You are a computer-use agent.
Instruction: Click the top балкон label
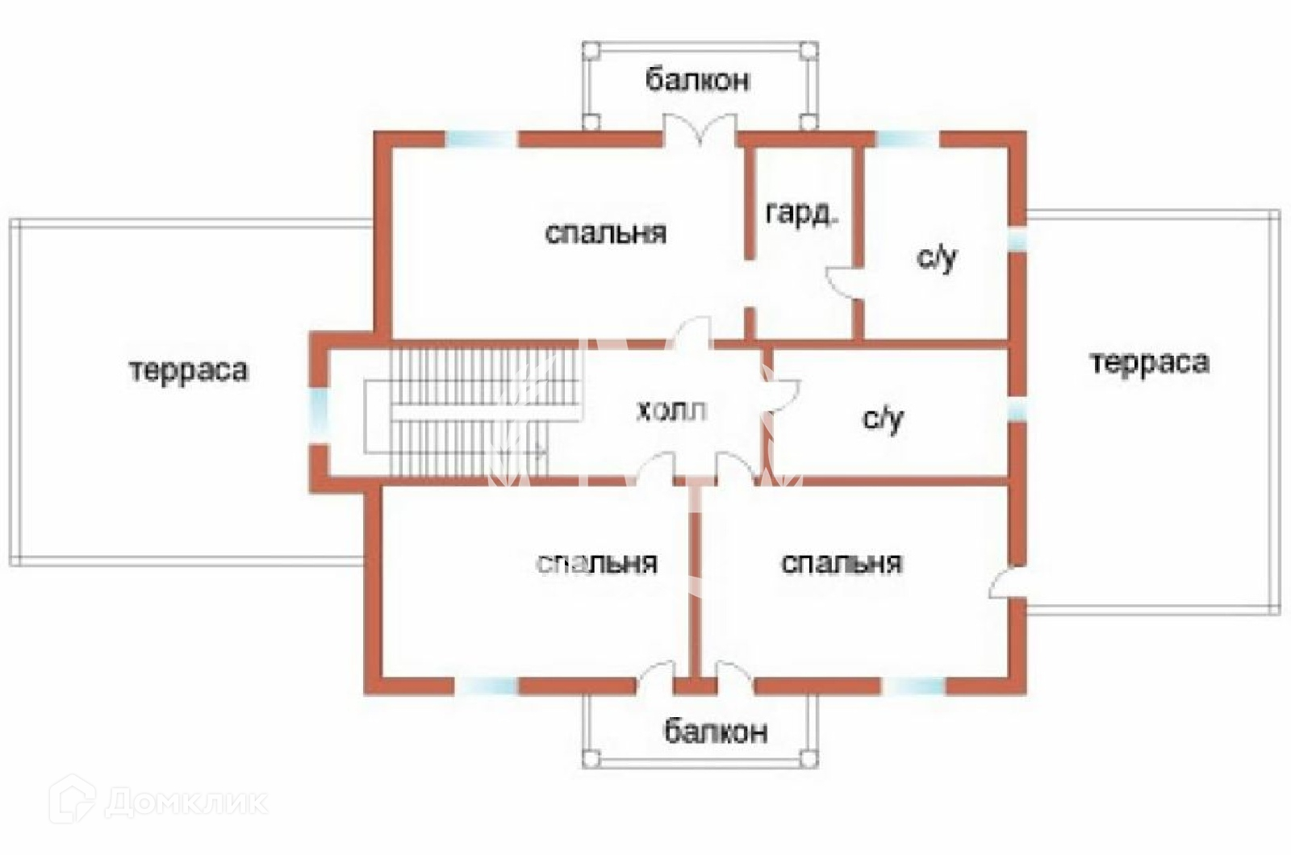(x=698, y=80)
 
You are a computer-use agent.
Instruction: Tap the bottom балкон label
(x=715, y=732)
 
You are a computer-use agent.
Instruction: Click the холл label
(x=671, y=411)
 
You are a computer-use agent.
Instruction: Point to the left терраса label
(x=189, y=371)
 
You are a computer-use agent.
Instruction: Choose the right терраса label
(x=1149, y=363)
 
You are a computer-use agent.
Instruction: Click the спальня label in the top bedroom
(x=606, y=233)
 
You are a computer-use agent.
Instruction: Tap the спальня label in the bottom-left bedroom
(x=597, y=563)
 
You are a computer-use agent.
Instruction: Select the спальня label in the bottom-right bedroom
(x=841, y=563)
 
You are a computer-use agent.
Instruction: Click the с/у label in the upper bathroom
(x=937, y=258)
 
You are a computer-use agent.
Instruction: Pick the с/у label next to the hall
(x=883, y=419)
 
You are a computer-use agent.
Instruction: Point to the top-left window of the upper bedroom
(x=481, y=139)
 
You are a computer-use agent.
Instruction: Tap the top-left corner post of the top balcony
(x=591, y=50)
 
